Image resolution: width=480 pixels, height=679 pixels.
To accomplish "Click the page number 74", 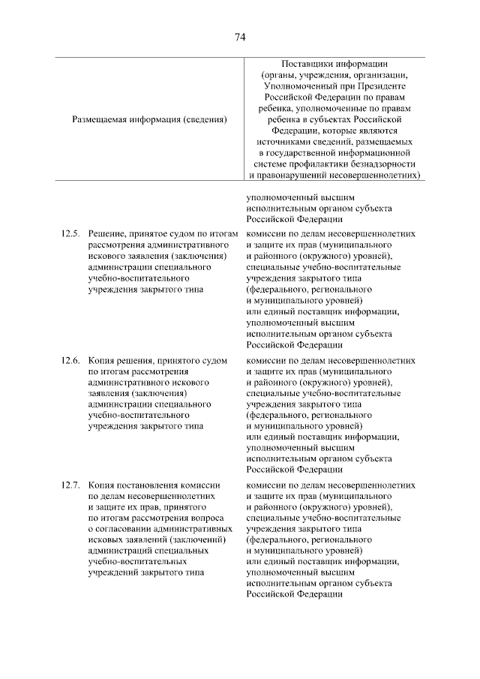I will (x=240, y=37).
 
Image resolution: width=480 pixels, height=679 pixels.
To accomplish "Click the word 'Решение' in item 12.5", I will (x=108, y=234).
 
